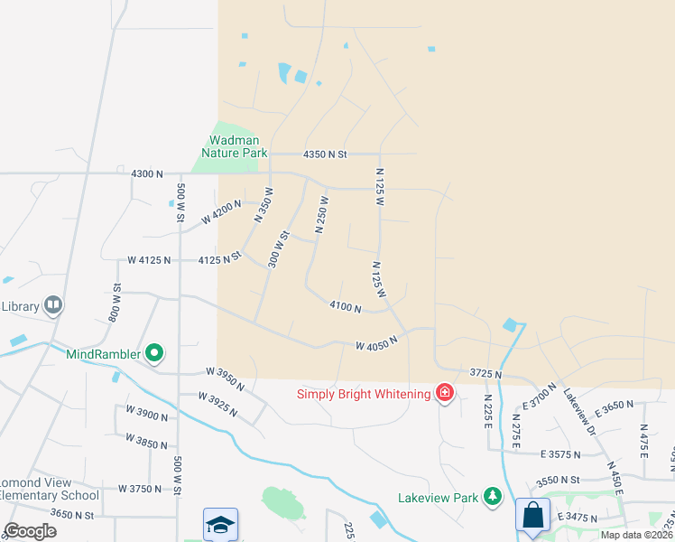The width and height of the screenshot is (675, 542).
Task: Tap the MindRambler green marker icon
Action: [x=154, y=353]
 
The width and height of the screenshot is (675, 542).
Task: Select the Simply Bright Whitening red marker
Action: [x=445, y=393]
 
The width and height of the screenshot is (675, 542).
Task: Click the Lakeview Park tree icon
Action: [x=492, y=496]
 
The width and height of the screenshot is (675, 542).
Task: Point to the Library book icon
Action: [x=53, y=306]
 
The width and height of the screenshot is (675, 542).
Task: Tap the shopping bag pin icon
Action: [x=532, y=515]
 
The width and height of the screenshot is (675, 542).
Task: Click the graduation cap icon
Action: [x=220, y=524]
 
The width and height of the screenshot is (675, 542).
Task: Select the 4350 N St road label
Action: [x=325, y=154]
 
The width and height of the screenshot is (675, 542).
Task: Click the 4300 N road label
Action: [x=147, y=173]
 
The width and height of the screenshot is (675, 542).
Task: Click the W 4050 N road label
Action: [x=376, y=345]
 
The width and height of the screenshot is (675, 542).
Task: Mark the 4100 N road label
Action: [x=345, y=308]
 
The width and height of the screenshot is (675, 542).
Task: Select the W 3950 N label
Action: [x=225, y=378]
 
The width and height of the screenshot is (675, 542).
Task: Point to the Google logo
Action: [x=30, y=531]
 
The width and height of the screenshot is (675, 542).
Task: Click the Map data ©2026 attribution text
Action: [x=636, y=535]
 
